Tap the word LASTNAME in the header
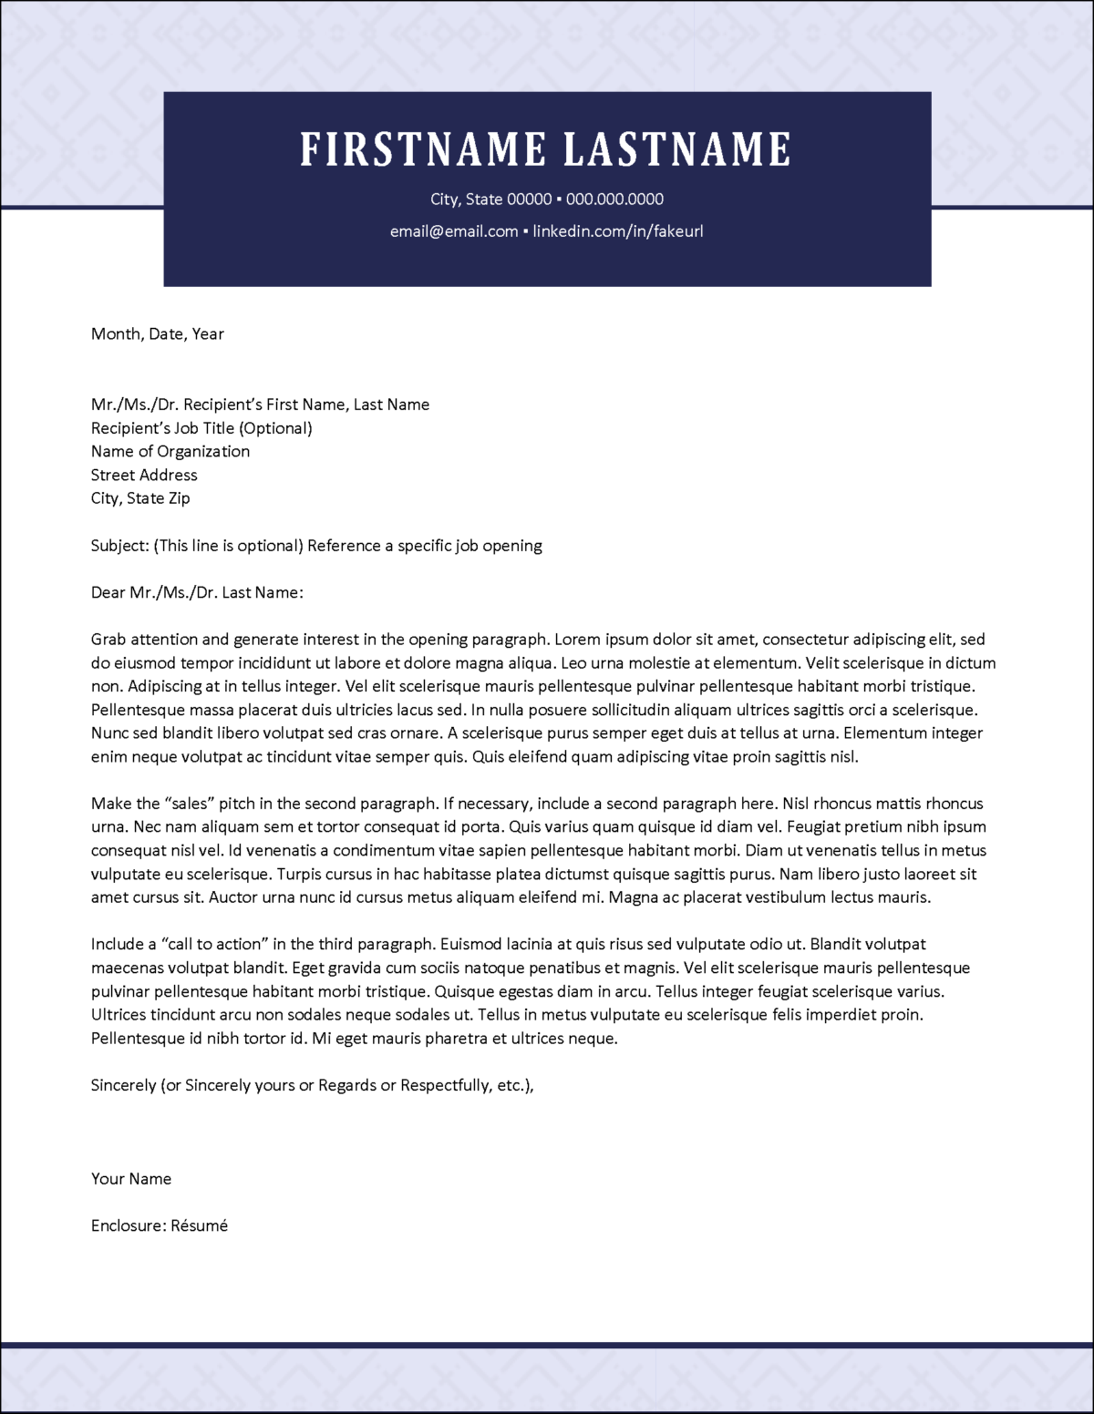[676, 149]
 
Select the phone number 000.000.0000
[614, 200]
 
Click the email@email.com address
[454, 231]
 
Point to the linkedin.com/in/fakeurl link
[617, 231]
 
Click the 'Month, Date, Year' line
[157, 334]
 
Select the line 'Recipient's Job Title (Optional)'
[201, 428]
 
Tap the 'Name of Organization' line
[170, 452]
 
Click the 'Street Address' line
[144, 476]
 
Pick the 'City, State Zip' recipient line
[140, 498]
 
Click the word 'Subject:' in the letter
[119, 546]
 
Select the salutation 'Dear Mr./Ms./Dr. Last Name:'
[197, 593]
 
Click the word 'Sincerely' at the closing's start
[123, 1086]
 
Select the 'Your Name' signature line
[131, 1179]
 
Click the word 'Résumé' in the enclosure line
[200, 1226]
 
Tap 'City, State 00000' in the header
[490, 200]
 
